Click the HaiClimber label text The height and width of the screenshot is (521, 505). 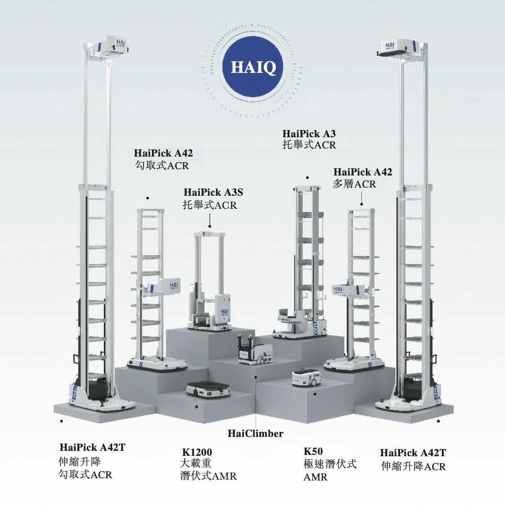point(255,434)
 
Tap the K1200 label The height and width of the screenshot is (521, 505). point(197,452)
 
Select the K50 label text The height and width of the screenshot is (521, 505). point(313,451)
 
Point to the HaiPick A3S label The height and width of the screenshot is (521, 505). point(213,193)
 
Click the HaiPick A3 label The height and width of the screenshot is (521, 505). point(309,134)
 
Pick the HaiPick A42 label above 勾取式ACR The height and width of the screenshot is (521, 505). point(163,153)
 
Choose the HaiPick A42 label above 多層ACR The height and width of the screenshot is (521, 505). point(363,172)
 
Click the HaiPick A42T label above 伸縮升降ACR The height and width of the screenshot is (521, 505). point(413,453)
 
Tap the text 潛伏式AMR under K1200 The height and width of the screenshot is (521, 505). point(208,476)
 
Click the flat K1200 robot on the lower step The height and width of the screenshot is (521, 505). point(208,390)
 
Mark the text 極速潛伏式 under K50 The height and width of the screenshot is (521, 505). point(330,464)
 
